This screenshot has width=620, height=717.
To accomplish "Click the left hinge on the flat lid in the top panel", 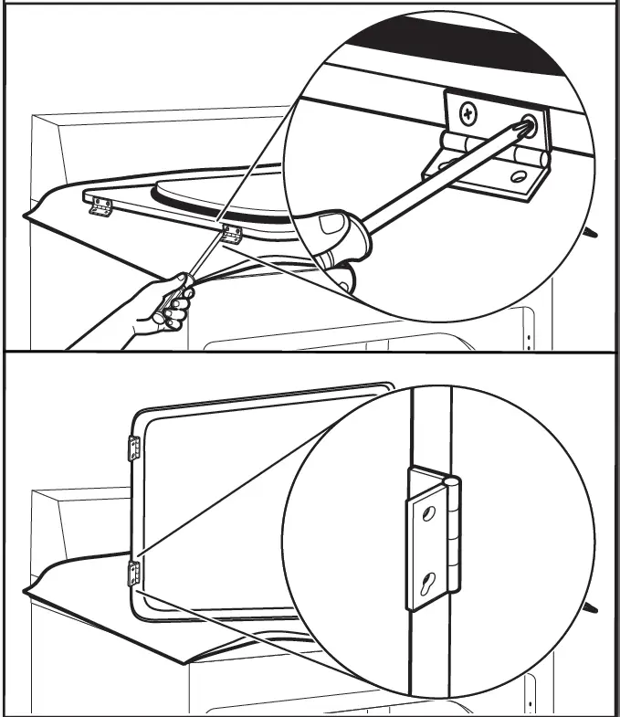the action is click(100, 207).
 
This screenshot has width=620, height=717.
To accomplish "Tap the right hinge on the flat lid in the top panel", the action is click(231, 235).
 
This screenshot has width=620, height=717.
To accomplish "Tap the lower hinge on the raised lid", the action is click(134, 574).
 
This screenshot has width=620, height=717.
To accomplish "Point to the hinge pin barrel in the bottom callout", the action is click(452, 539).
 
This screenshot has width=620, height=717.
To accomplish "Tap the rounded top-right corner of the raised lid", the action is click(389, 388).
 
